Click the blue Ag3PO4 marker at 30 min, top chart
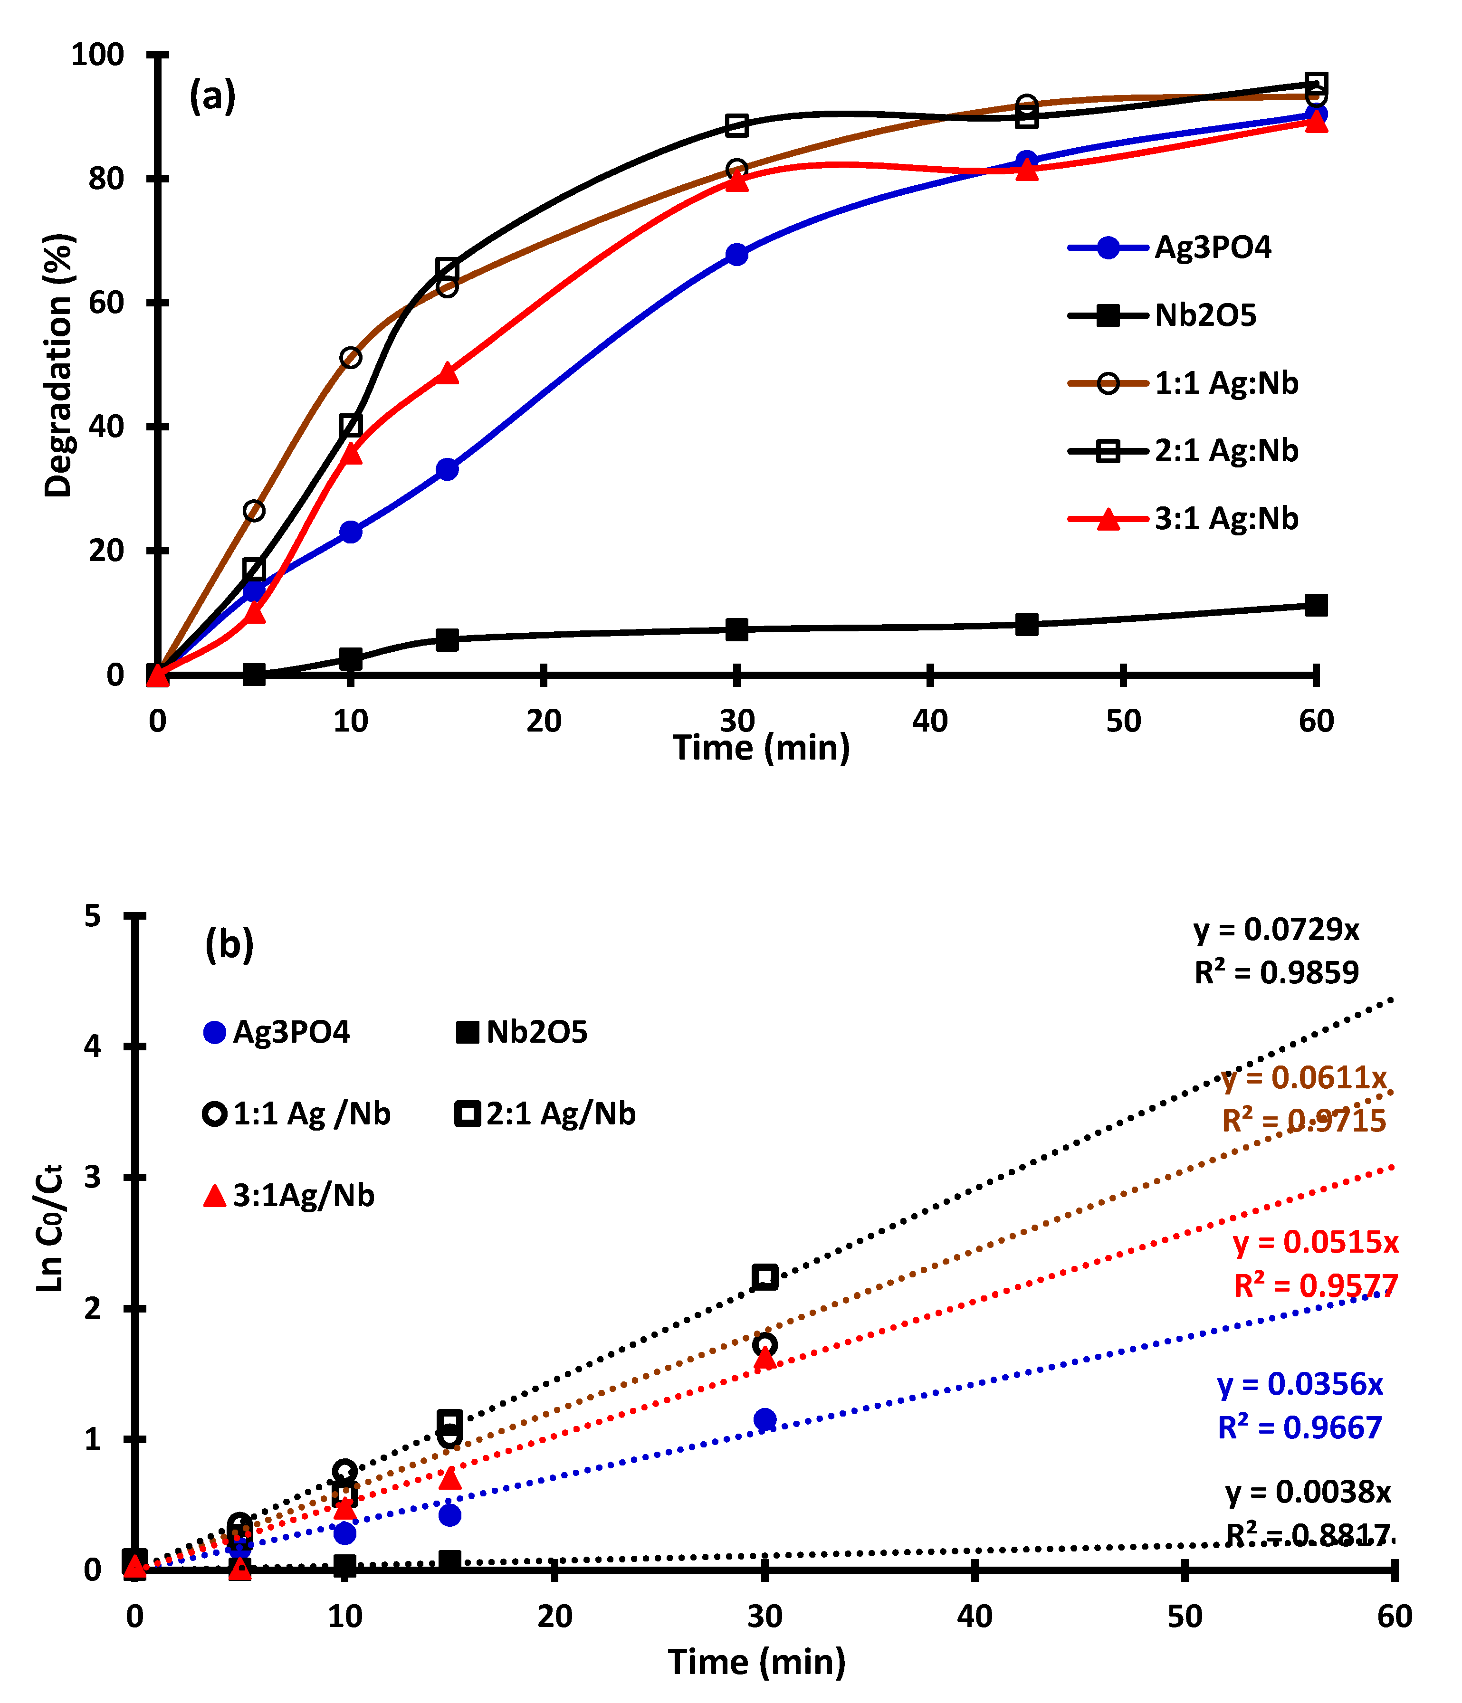coord(737,254)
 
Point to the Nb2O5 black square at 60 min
coord(1316,606)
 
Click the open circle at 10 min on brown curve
coord(350,358)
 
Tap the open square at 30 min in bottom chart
coord(764,1276)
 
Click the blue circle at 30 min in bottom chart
coord(764,1418)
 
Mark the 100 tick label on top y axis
coord(97,55)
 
